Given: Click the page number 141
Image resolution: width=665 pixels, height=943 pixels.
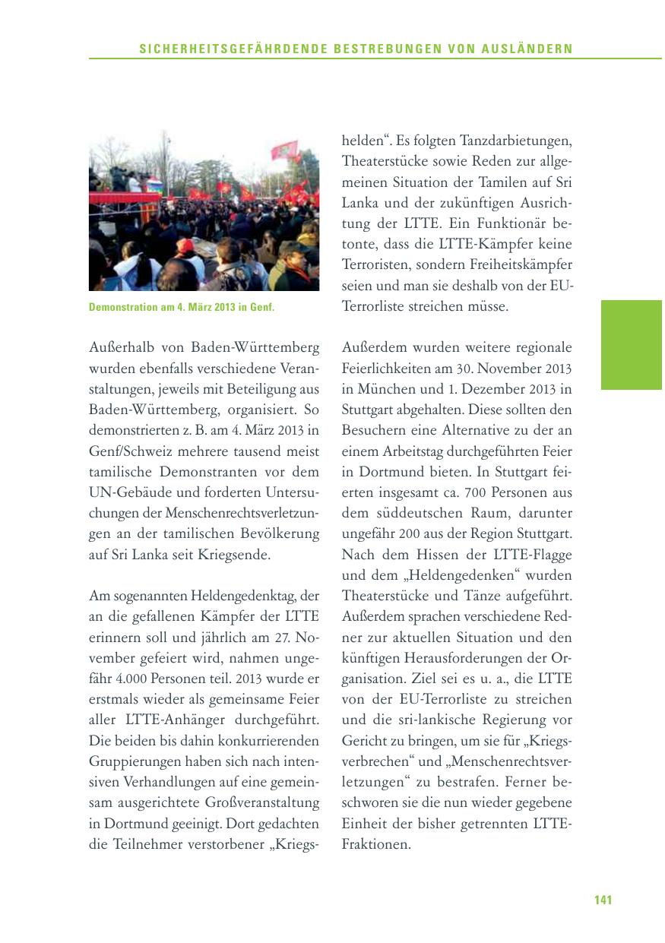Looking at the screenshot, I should click(x=603, y=900).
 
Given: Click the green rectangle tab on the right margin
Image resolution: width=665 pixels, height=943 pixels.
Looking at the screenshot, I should click(x=631, y=344).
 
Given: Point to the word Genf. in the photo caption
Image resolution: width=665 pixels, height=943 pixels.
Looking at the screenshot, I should click(x=261, y=308).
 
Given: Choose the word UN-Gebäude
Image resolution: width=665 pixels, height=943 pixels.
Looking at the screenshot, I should click(x=128, y=492).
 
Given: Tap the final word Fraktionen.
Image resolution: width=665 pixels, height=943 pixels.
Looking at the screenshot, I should click(x=376, y=844).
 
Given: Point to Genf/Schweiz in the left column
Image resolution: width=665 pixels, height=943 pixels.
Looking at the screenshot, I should click(x=128, y=451).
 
